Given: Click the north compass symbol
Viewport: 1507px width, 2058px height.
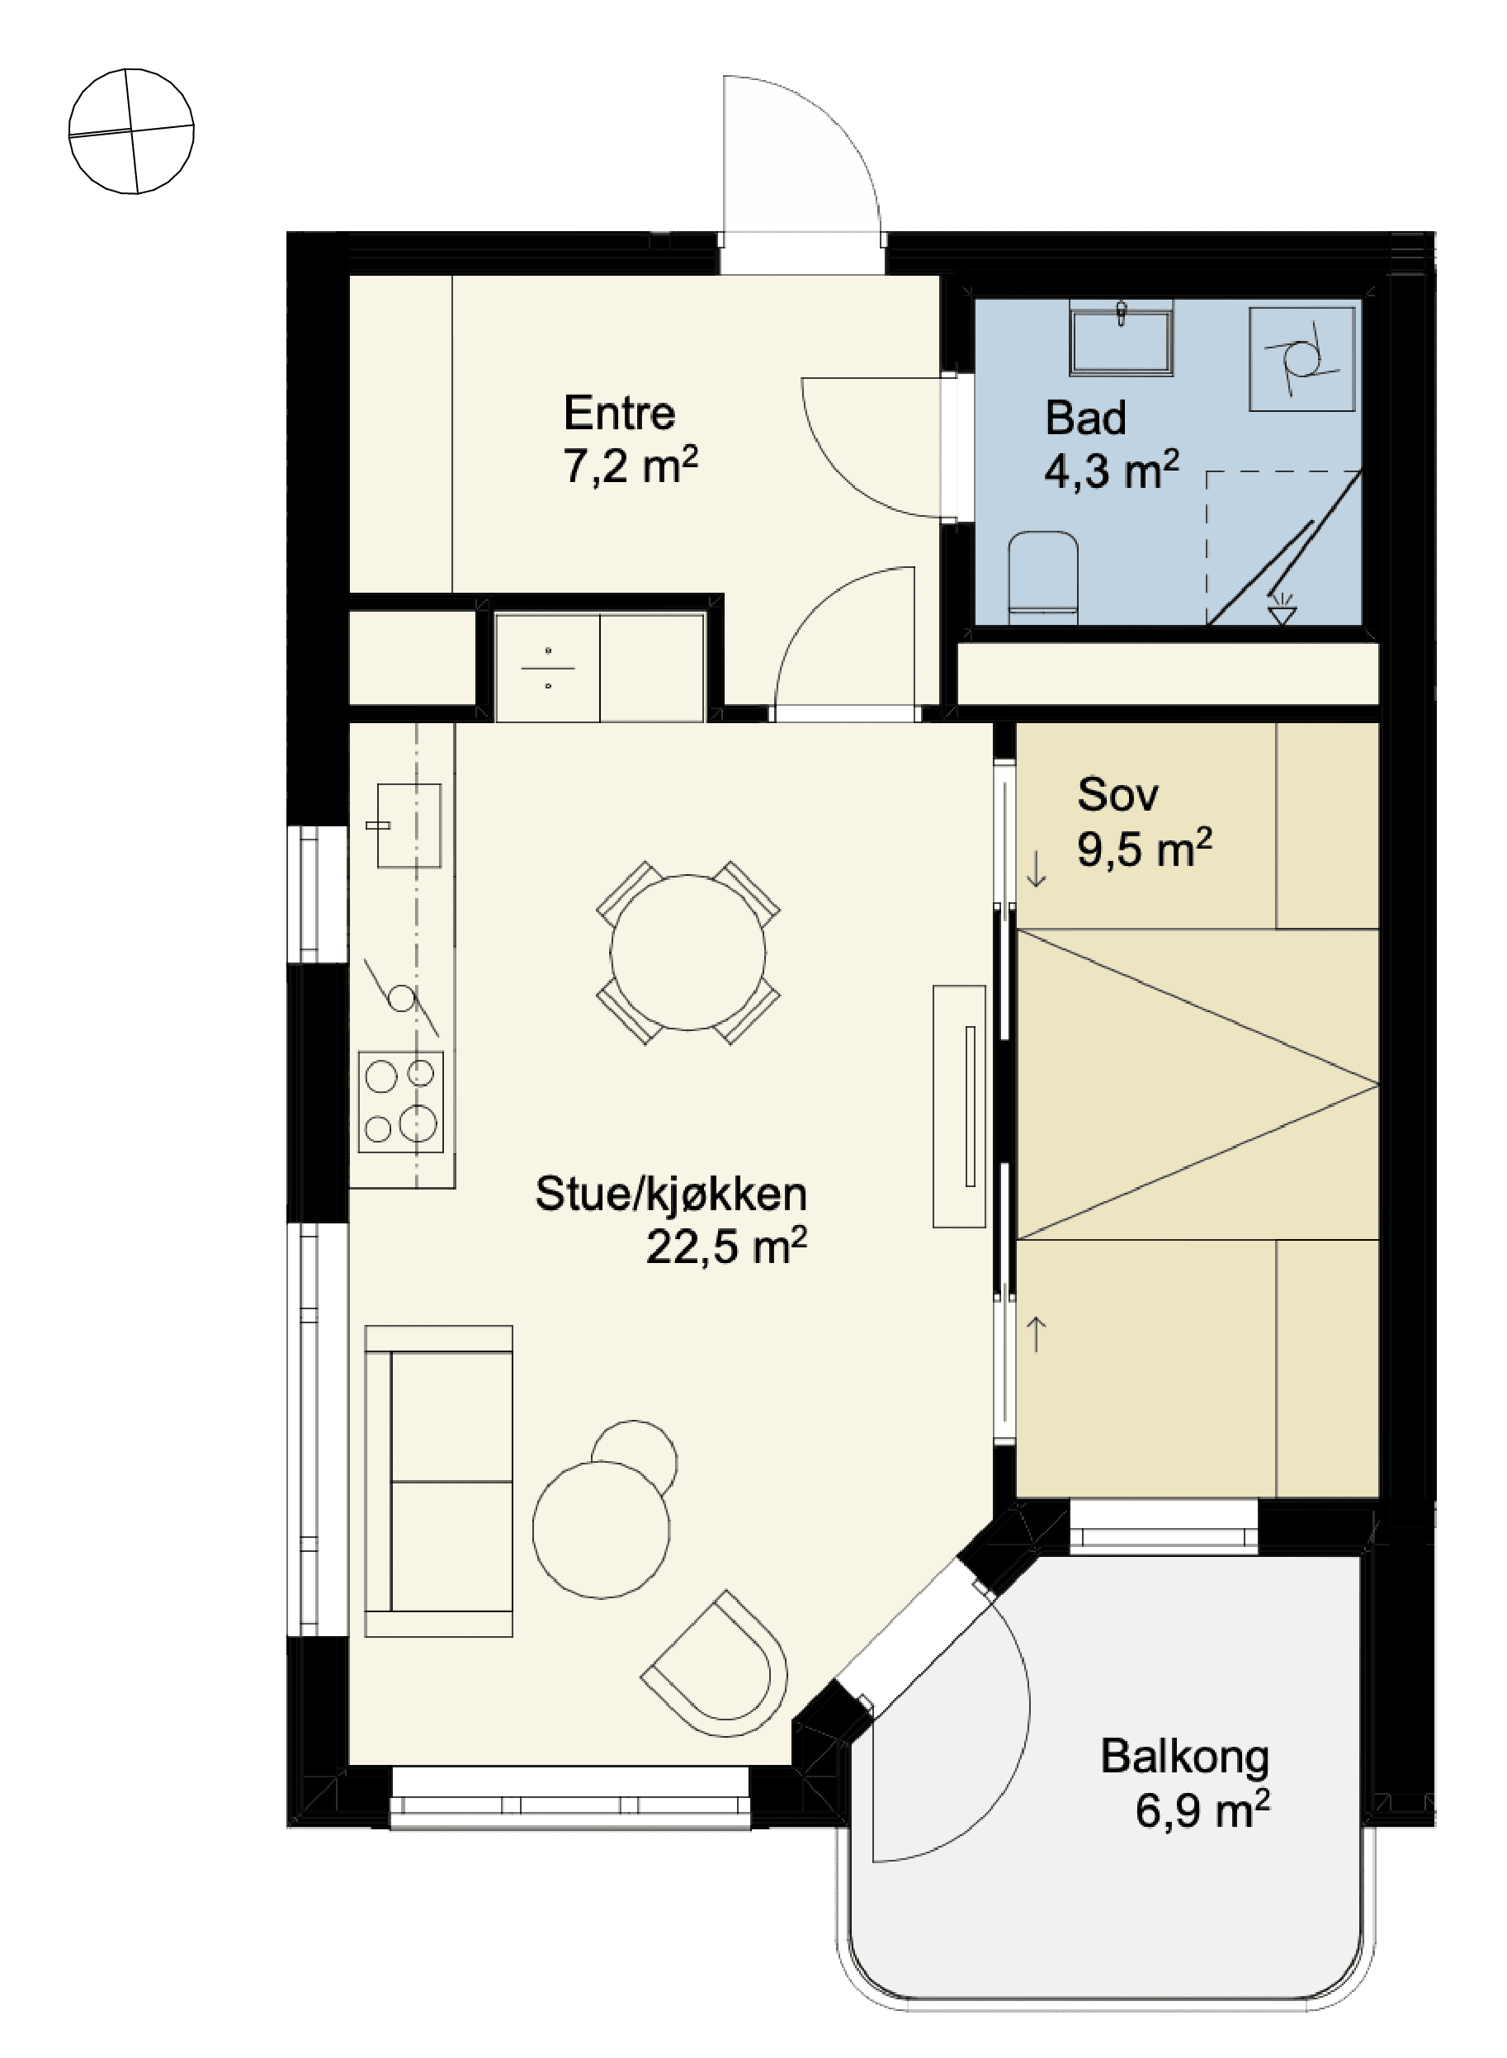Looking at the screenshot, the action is (x=131, y=131).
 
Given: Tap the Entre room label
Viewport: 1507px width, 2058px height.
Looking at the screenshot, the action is (x=620, y=414).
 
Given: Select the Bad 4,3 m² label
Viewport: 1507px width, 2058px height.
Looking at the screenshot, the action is (x=1111, y=444).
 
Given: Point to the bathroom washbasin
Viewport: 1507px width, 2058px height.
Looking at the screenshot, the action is (x=1121, y=340).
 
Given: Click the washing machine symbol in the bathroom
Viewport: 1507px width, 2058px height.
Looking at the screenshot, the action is (x=1301, y=359).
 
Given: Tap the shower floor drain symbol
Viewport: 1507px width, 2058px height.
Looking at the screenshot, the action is (x=1283, y=608).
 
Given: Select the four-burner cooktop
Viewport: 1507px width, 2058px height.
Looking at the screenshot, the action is (x=401, y=1101).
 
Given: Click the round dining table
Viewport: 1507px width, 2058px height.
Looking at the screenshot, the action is (x=687, y=953).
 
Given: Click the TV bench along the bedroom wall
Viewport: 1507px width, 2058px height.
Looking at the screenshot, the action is (x=959, y=1105).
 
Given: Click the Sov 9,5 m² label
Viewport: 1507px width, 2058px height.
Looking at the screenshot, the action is (x=1144, y=821).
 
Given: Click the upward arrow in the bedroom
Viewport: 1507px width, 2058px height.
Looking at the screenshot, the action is (x=1037, y=1334).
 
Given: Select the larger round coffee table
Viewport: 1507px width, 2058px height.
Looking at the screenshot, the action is (x=601, y=1530).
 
